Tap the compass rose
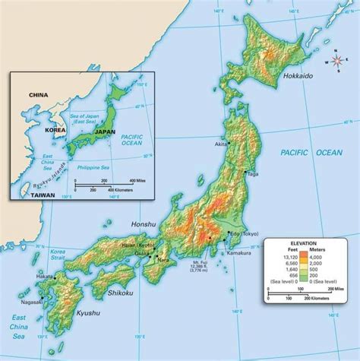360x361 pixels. pos(337,62)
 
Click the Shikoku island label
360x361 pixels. pos(121,292)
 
